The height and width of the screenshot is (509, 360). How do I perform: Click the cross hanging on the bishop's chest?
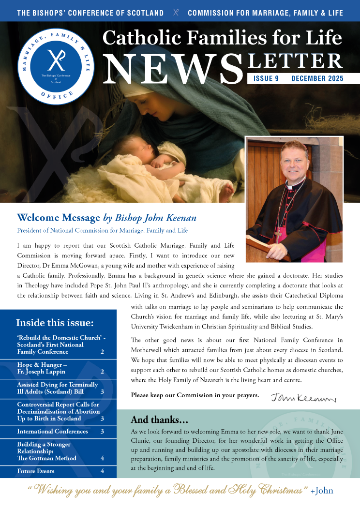[x=279, y=234]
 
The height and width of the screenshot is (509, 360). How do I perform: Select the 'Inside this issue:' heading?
[x=55, y=323]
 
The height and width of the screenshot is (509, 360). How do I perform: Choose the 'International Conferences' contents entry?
[x=53, y=431]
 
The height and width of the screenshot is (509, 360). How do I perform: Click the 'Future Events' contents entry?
[x=36, y=471]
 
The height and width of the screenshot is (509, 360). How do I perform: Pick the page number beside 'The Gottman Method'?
[x=103, y=458]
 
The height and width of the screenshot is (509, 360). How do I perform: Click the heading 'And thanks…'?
[x=160, y=419]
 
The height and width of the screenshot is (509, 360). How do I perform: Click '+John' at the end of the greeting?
[x=322, y=491]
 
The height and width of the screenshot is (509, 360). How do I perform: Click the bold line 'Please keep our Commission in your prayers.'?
[x=195, y=395]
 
